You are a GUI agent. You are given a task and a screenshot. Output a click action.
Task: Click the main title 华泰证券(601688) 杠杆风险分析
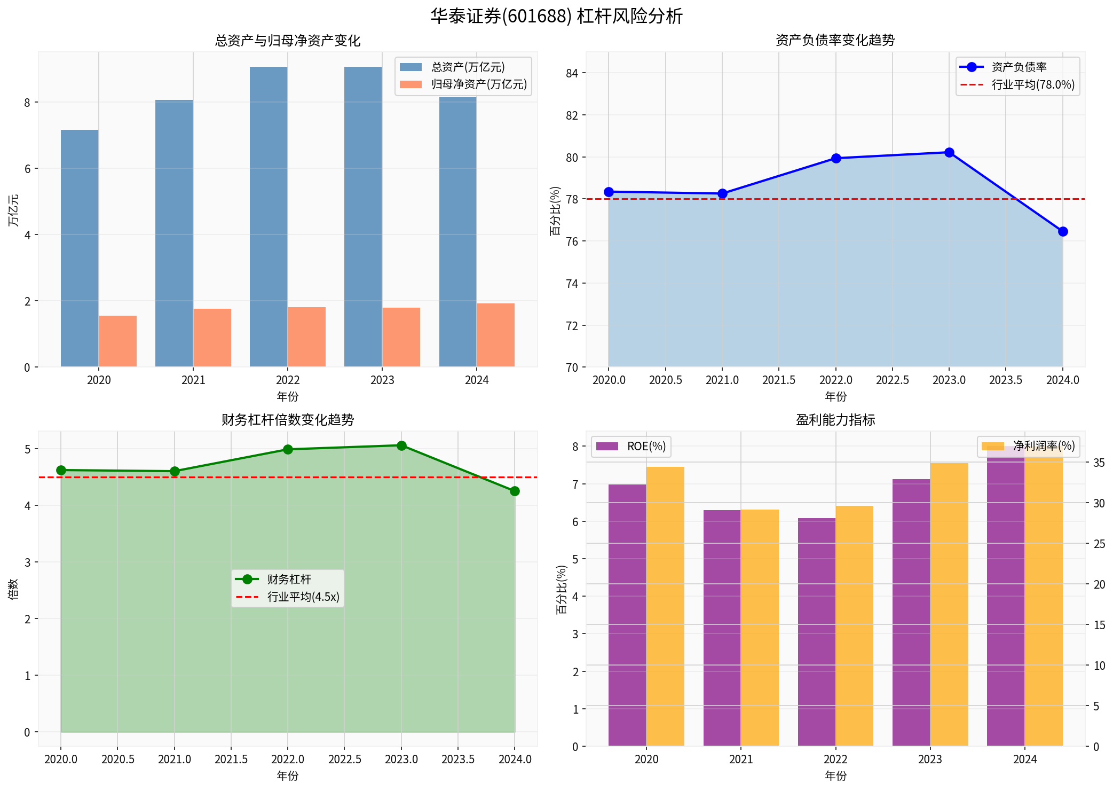click(x=556, y=16)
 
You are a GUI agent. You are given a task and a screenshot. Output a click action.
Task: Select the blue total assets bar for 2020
click(x=80, y=248)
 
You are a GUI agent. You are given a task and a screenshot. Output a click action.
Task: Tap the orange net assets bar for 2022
click(x=306, y=337)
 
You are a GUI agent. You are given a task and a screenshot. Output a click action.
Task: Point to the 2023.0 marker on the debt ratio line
click(x=949, y=153)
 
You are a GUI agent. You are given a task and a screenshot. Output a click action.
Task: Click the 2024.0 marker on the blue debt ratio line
click(x=1062, y=231)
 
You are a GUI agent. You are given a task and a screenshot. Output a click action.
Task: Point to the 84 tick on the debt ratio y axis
click(x=572, y=73)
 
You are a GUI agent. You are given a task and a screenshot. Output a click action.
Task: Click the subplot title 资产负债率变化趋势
click(x=835, y=40)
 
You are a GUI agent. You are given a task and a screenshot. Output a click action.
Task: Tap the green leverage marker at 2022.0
click(x=288, y=449)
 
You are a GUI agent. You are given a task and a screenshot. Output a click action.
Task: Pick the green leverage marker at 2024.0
click(x=515, y=491)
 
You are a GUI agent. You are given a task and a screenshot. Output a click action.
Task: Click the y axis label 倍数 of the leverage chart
click(x=13, y=589)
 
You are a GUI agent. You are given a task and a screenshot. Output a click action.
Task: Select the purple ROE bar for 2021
click(x=722, y=628)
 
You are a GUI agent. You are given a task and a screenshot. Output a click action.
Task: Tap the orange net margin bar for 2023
click(x=949, y=604)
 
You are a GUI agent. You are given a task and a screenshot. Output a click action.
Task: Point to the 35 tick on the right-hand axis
click(x=1099, y=463)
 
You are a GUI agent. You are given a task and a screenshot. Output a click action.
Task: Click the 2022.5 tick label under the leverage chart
click(x=344, y=760)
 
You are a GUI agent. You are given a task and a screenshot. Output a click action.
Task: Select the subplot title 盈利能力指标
click(x=835, y=420)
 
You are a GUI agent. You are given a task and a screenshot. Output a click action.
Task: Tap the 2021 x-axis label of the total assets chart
click(x=193, y=380)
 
